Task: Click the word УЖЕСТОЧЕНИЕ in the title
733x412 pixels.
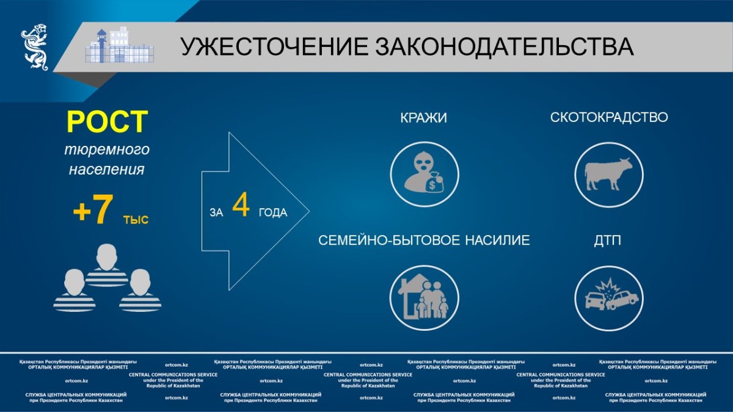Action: [274, 47]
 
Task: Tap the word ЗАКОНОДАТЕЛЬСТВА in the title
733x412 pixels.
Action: [505, 47]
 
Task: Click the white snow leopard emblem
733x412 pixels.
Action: [35, 47]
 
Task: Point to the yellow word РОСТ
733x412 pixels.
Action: [107, 121]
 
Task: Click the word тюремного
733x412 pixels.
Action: [107, 150]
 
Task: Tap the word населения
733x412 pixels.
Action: [107, 170]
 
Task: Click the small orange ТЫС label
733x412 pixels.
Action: [136, 220]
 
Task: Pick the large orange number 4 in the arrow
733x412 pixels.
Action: [241, 205]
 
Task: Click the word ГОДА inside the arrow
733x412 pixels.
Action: [273, 213]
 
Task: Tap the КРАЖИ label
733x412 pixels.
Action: [423, 118]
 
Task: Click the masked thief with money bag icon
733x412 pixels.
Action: [425, 175]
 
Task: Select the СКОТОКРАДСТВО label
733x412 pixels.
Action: [609, 117]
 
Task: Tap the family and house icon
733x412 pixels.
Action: [425, 298]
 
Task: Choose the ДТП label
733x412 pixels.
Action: [607, 241]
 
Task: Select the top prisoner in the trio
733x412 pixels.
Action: [107, 266]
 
